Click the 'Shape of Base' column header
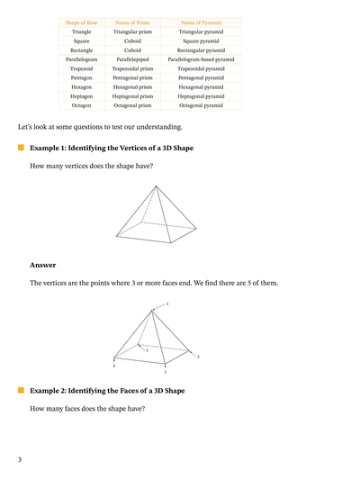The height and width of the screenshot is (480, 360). (x=81, y=22)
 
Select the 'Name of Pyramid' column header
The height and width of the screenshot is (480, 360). (x=202, y=22)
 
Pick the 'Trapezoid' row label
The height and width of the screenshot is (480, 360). (x=81, y=68)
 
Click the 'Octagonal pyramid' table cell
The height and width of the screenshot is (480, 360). (x=202, y=104)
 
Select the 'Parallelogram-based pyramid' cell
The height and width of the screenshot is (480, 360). (x=202, y=59)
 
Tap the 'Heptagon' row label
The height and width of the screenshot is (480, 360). (x=81, y=95)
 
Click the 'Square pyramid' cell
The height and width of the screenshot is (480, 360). (x=202, y=41)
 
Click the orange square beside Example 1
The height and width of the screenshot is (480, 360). (x=20, y=147)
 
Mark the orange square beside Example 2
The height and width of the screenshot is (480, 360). (x=20, y=391)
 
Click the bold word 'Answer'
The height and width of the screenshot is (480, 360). (x=42, y=265)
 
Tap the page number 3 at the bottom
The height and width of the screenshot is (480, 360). (x=19, y=460)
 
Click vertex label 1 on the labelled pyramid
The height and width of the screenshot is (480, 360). (x=166, y=304)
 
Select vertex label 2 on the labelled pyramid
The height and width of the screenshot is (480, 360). (x=197, y=357)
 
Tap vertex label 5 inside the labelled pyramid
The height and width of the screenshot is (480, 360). (x=147, y=349)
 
